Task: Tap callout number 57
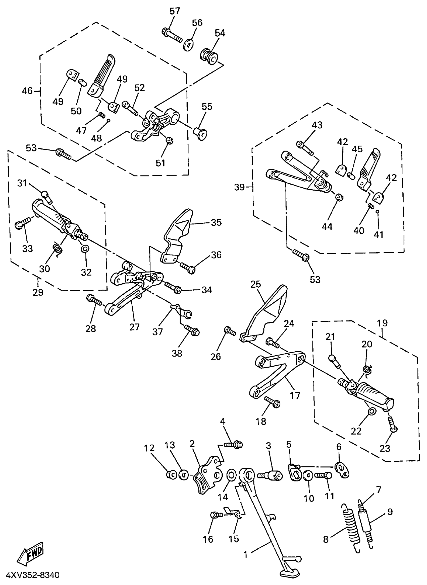175,11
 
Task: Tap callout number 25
256,284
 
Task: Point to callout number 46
27,91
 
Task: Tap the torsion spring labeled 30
57,249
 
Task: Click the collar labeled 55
201,133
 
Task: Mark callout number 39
239,187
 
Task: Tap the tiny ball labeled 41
377,211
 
